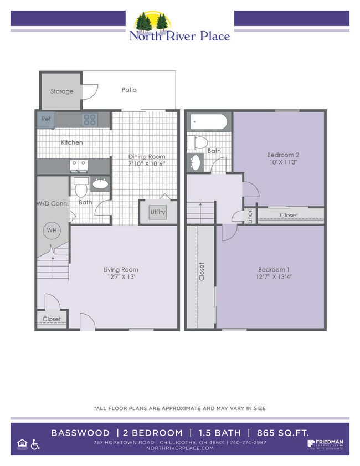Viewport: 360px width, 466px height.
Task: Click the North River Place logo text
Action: coord(179,37)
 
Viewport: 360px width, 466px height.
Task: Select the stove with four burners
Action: coord(89,119)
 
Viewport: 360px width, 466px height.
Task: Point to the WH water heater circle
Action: coord(51,230)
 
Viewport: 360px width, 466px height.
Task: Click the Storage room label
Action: coord(61,91)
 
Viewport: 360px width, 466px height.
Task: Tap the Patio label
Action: coord(129,90)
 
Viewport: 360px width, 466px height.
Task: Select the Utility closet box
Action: coord(158,212)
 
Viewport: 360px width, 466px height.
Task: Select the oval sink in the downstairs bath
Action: coord(100,185)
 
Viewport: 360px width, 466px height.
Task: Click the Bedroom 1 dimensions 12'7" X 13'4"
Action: coord(274,276)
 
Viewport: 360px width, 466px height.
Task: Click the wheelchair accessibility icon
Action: coord(35,444)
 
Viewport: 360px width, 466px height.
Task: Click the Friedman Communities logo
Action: coord(325,444)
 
